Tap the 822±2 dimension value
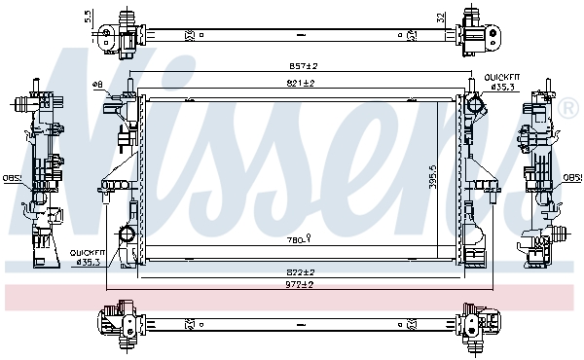[299, 271]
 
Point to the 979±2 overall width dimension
[299, 285]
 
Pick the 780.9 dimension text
[297, 238]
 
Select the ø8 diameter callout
[97, 86]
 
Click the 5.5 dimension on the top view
[89, 16]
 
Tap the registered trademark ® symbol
[569, 104]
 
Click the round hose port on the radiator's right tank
[474, 103]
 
